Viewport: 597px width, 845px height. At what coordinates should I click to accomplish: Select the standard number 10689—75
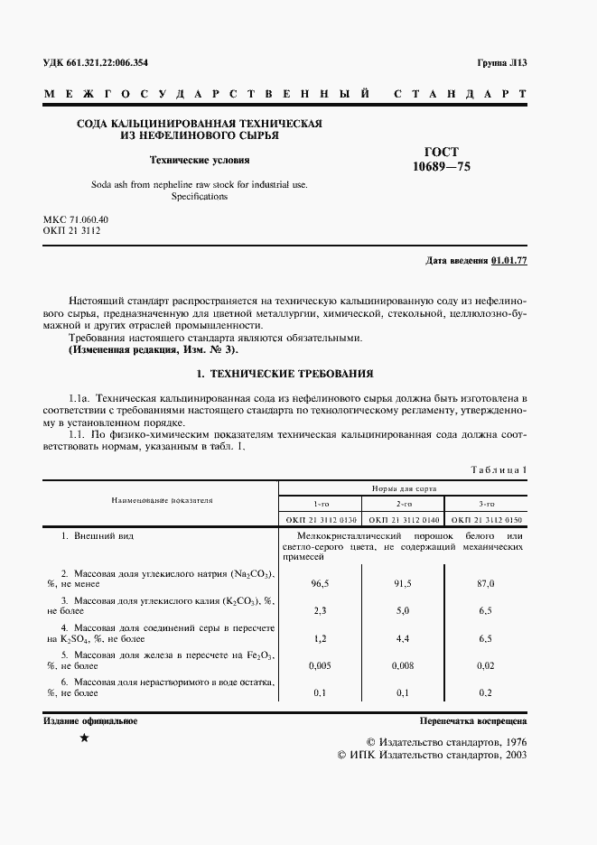pos(442,167)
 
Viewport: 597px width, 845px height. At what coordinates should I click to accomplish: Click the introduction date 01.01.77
pos(509,261)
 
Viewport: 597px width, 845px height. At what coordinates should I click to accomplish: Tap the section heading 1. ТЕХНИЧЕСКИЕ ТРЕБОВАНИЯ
pos(285,373)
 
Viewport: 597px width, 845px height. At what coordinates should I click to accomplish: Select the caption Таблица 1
pos(499,469)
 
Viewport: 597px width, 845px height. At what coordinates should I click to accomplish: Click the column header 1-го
pos(321,504)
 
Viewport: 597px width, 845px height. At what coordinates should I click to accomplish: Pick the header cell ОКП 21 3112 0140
pos(404,520)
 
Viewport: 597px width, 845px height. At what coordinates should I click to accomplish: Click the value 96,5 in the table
pos(320,584)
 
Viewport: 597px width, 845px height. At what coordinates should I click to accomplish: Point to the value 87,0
pos(485,584)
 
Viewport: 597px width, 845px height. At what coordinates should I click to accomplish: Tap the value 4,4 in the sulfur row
pos(403,638)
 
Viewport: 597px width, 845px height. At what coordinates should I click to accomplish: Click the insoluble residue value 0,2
pos(485,692)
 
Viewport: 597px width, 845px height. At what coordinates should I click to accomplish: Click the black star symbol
pos(84,739)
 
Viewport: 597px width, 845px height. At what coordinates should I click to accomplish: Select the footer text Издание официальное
pos(89,720)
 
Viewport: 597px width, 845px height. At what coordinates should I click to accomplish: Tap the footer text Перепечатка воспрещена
pos(473,721)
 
